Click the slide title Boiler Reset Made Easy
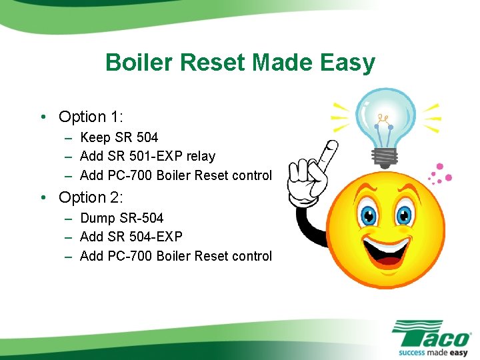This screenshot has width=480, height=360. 240,63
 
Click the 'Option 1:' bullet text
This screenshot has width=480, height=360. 91,117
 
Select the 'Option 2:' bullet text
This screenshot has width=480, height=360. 91,197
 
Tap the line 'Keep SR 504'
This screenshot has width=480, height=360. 119,138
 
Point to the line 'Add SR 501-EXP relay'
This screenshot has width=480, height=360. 147,157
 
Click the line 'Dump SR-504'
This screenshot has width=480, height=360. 121,218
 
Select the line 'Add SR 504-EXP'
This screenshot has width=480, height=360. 131,237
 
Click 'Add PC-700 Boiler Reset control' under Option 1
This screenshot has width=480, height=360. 175,175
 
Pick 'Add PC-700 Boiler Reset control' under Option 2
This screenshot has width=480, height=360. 175,256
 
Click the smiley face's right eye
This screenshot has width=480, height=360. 404,215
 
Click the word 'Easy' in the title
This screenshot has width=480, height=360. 347,63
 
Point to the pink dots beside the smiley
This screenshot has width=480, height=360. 439,174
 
